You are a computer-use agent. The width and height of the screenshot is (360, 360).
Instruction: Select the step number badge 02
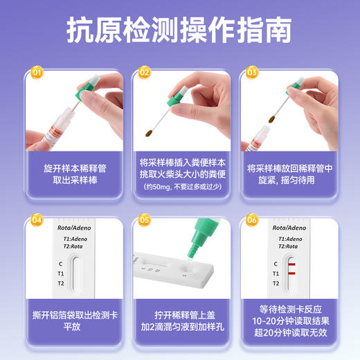pyautogui.click(x=145, y=71)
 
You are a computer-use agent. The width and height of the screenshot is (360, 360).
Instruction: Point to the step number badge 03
pyautogui.click(x=252, y=71)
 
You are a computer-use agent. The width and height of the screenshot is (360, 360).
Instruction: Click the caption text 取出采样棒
pyautogui.click(x=72, y=180)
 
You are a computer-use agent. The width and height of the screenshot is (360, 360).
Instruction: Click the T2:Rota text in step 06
pyautogui.click(x=289, y=246)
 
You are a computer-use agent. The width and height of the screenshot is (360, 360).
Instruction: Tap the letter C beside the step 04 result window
pyautogui.click(x=62, y=264)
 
